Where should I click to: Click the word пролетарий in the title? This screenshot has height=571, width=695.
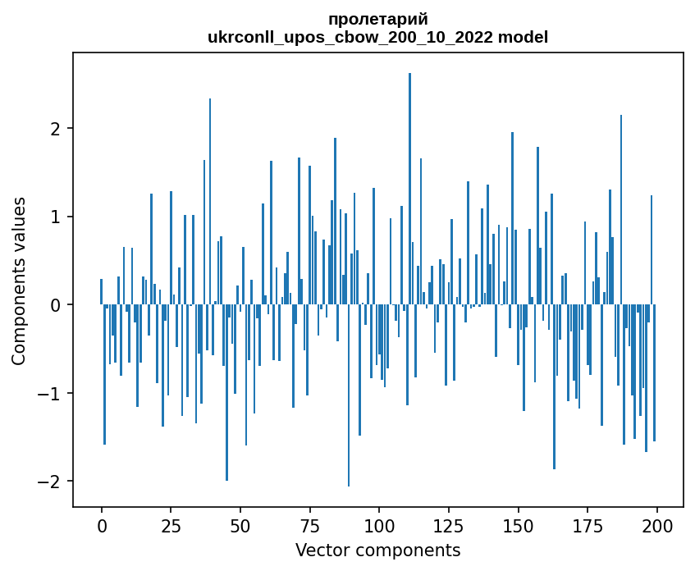pos(377,19)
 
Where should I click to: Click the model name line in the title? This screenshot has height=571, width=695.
pos(377,37)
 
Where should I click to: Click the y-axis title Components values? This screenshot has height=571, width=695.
pos(19,281)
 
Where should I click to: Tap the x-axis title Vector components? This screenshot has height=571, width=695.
pos(377,550)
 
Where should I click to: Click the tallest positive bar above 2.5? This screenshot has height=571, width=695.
pos(409,189)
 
